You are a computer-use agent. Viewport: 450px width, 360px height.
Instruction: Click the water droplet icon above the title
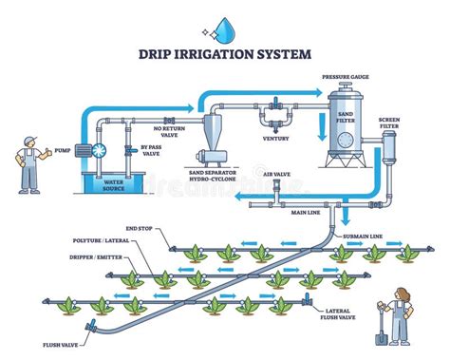pyautogui.click(x=224, y=29)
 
